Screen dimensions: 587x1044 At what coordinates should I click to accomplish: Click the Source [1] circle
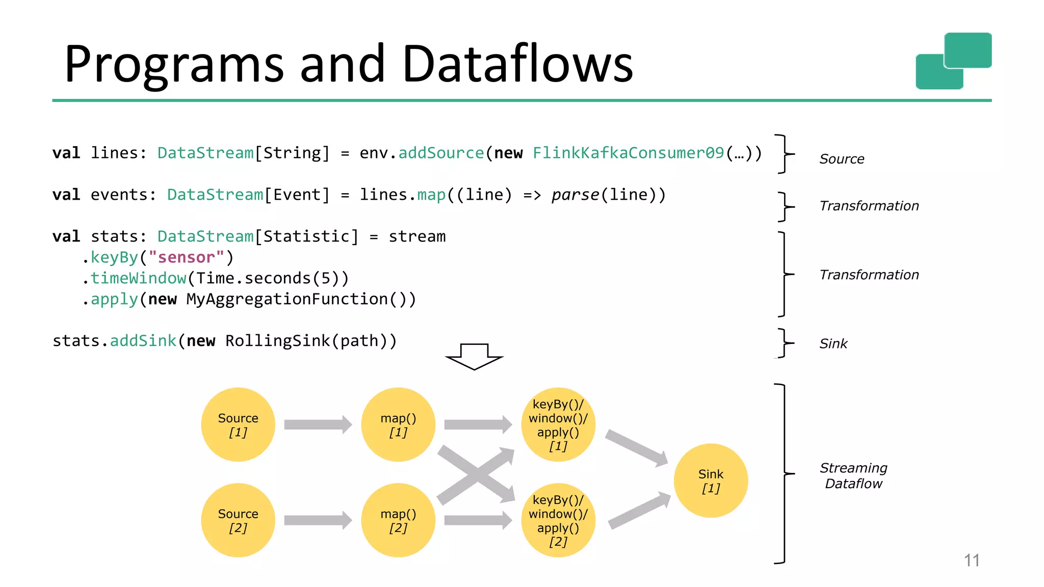click(x=238, y=424)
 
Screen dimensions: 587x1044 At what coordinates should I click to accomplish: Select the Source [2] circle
click(x=238, y=520)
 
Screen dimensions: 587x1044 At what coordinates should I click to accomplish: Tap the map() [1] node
click(x=398, y=424)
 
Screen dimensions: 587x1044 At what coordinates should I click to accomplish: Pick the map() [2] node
click(x=398, y=520)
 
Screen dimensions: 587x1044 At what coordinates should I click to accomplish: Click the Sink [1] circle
click(x=711, y=481)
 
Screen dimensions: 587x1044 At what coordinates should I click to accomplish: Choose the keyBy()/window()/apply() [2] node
click(x=558, y=520)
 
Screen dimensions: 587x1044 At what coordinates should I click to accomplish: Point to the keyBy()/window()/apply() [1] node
click(x=558, y=424)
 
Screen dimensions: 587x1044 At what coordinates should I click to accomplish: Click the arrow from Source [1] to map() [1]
click(x=318, y=424)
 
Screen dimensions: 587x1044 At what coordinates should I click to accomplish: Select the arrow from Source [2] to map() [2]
click(x=318, y=520)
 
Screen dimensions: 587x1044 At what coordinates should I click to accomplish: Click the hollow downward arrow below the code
click(x=474, y=357)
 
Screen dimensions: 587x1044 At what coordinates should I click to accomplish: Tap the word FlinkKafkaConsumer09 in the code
click(x=628, y=153)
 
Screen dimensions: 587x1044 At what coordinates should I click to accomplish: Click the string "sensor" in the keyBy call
click(x=186, y=257)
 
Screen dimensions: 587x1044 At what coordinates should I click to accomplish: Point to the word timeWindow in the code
click(x=138, y=278)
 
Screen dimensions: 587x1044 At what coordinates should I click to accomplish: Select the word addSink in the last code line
click(x=143, y=341)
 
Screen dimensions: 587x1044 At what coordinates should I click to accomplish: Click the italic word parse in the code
click(x=575, y=195)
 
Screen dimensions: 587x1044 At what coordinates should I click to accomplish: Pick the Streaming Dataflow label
click(x=853, y=475)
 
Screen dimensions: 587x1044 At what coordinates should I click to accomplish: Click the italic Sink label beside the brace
click(x=833, y=344)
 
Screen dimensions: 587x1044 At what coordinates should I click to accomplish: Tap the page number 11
click(x=972, y=561)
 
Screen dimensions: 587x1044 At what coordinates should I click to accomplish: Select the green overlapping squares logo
click(x=954, y=61)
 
